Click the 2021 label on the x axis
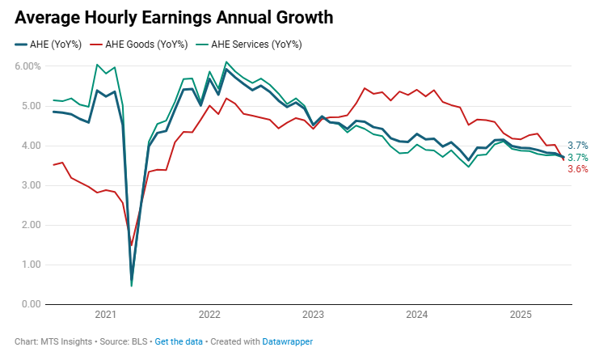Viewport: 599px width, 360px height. click(x=106, y=314)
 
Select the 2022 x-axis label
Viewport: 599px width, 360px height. click(x=209, y=314)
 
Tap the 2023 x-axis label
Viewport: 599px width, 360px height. click(x=313, y=314)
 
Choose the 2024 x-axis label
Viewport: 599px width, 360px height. click(x=416, y=314)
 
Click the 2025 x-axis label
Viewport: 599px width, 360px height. click(x=520, y=314)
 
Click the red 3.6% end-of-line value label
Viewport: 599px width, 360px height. click(x=577, y=169)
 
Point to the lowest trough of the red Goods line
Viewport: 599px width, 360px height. click(x=132, y=244)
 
